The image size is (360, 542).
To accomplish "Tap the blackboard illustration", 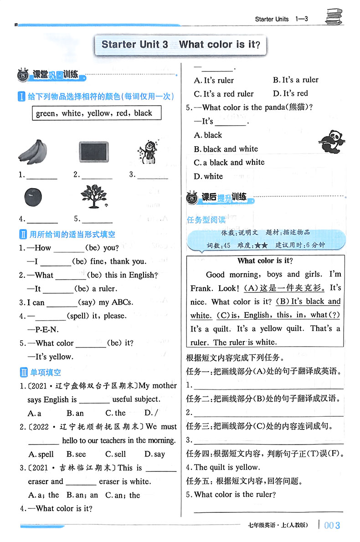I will [93, 151].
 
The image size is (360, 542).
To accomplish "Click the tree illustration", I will [93, 196].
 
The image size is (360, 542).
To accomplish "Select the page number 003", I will [332, 525].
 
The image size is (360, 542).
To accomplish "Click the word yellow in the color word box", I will [98, 113].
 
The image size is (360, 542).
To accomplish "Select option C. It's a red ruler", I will [224, 94].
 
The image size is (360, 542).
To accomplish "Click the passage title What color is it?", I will [265, 261].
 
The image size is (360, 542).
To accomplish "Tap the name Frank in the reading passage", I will [201, 288].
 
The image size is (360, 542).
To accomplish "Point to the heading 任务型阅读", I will [206, 220].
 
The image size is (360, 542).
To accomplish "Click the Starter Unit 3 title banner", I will [180, 45].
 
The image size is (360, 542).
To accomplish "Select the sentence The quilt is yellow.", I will [226, 467].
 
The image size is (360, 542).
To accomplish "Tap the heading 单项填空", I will [45, 372].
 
